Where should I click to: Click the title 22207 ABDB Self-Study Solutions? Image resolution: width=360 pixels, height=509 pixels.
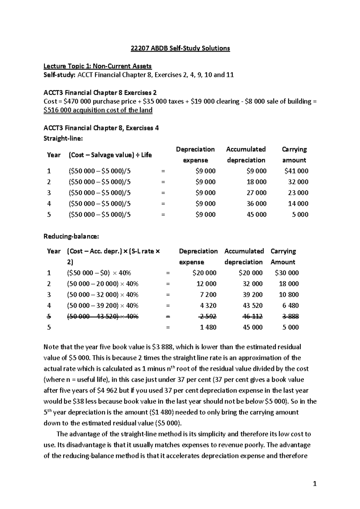click(x=180, y=48)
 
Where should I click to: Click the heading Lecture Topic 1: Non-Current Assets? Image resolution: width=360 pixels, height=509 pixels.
click(x=97, y=66)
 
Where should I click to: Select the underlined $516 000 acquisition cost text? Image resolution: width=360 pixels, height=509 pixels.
click(x=98, y=110)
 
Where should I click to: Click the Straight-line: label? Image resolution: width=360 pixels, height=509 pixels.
click(x=63, y=138)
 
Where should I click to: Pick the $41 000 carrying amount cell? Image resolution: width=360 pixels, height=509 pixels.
click(x=296, y=171)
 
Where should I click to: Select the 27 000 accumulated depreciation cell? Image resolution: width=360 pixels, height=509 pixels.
click(x=256, y=193)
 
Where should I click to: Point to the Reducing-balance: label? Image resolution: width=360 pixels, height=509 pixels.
click(x=71, y=237)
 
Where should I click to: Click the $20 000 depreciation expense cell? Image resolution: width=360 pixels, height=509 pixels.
click(x=204, y=273)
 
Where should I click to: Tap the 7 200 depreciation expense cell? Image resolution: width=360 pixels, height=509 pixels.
click(x=208, y=295)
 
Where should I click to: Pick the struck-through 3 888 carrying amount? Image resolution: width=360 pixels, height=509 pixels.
click(x=290, y=316)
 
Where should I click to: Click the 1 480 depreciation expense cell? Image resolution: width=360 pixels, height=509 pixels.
click(x=208, y=327)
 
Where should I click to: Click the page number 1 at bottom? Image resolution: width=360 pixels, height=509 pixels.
click(x=314, y=484)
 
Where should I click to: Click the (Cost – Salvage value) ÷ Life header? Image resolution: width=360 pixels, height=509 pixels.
click(x=110, y=155)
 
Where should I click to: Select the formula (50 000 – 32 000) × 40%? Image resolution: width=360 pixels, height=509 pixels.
click(x=103, y=295)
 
